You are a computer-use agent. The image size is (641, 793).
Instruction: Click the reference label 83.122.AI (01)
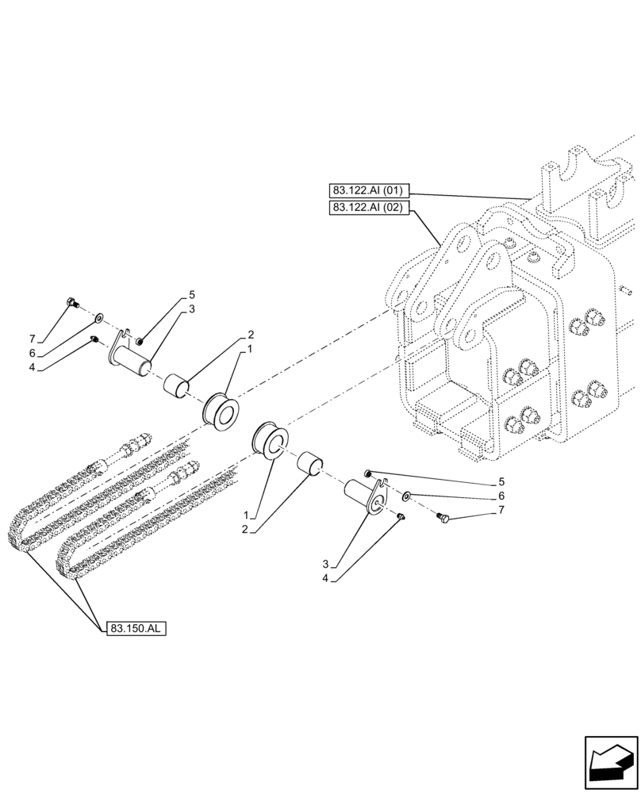pyautogui.click(x=367, y=190)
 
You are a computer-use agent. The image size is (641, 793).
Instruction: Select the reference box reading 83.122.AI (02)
pyautogui.click(x=367, y=208)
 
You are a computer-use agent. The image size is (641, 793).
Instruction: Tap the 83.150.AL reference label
pyautogui.click(x=136, y=628)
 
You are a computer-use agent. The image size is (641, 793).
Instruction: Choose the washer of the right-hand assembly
pyautogui.click(x=405, y=496)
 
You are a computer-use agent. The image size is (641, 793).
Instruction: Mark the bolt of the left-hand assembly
pyautogui.click(x=72, y=301)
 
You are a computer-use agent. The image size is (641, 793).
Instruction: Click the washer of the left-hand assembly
pyautogui.click(x=98, y=318)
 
